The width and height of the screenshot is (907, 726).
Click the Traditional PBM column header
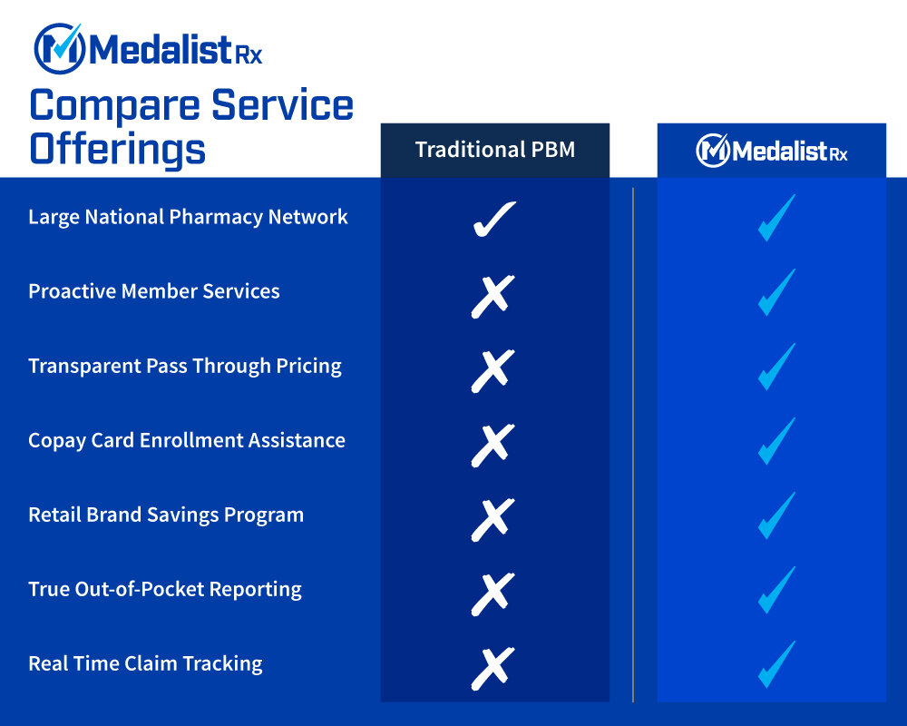coord(494,150)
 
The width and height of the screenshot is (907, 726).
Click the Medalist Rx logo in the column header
coord(771,151)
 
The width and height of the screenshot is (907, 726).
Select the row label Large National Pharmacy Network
coord(188,217)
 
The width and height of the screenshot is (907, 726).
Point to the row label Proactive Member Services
coord(154,291)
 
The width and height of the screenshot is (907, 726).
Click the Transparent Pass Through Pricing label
coord(185,366)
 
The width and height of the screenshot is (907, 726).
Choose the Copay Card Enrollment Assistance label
coord(187,440)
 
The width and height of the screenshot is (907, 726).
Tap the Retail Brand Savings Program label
coord(166,515)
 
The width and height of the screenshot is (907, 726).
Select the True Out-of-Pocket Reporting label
coord(165,589)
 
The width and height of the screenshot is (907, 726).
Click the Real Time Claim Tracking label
coord(145,663)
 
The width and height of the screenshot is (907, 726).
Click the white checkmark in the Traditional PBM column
coord(494,219)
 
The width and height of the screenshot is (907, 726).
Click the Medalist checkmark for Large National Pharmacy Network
coord(776,218)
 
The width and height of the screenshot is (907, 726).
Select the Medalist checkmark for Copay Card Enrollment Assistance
coord(776,441)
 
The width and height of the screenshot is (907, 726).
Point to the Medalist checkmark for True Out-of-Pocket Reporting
coord(776,590)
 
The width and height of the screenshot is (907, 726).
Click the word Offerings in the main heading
coord(118,148)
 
